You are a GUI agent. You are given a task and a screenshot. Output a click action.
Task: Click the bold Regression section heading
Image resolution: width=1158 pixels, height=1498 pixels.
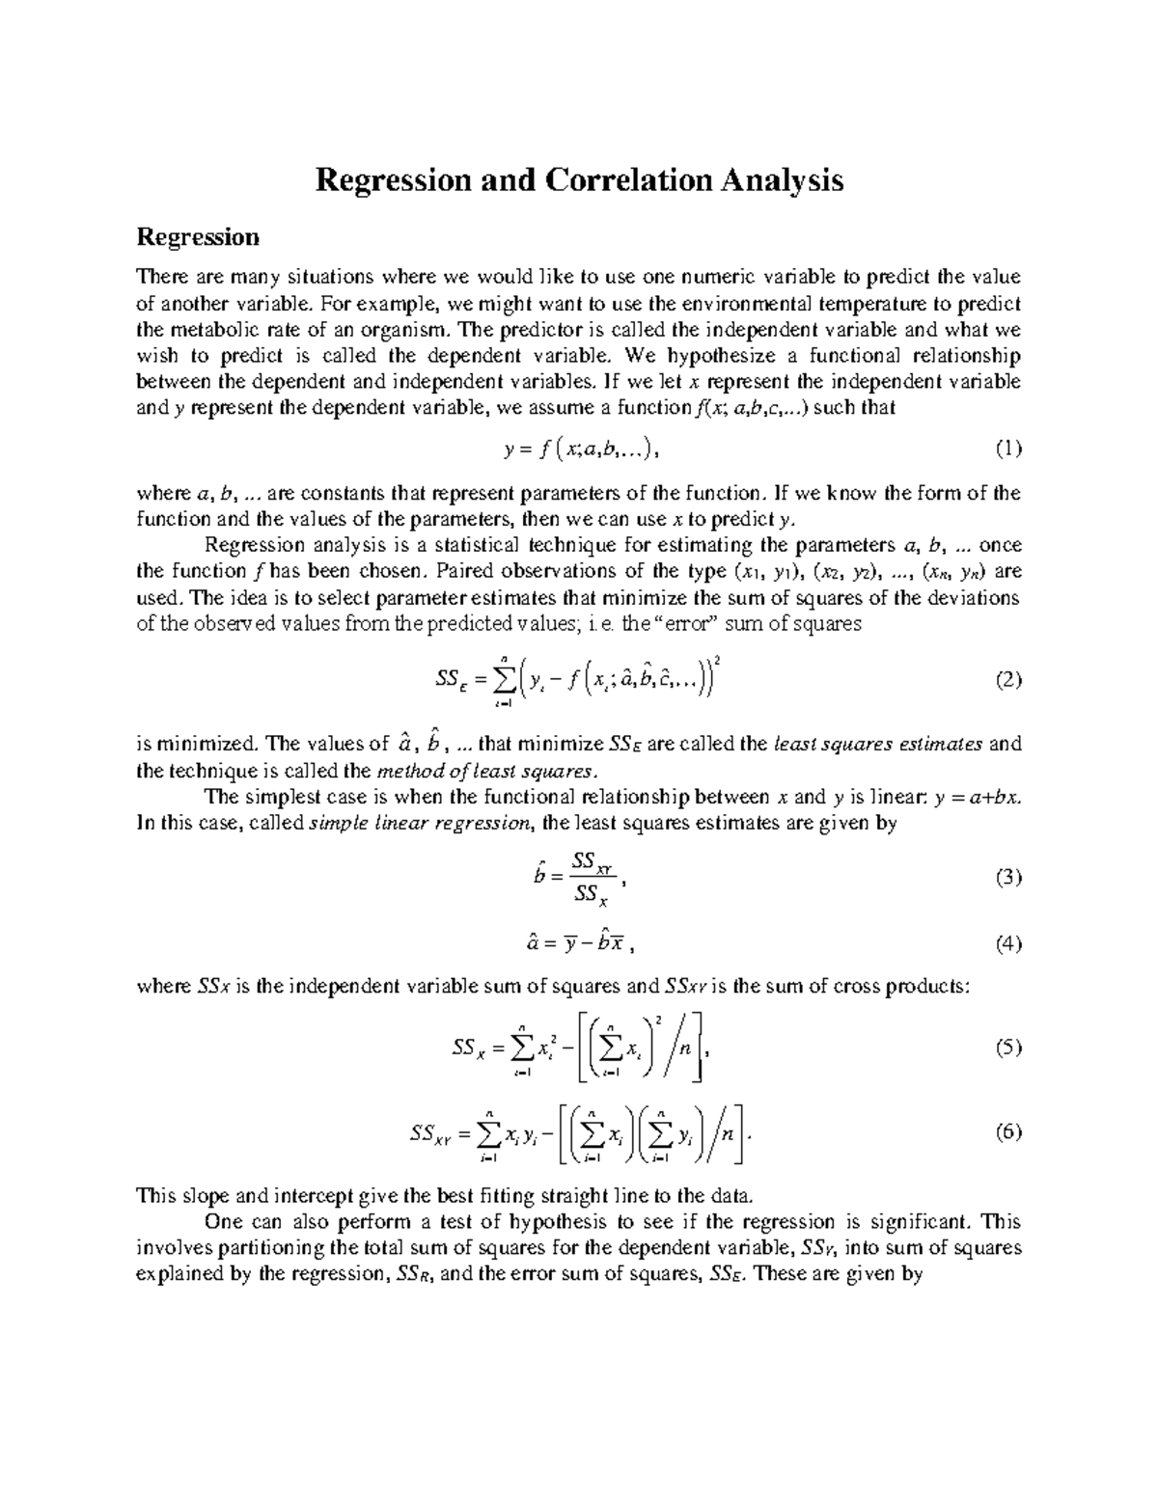tap(198, 237)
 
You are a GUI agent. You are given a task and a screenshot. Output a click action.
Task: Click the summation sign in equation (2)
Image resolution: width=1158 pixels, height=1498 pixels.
tap(502, 680)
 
